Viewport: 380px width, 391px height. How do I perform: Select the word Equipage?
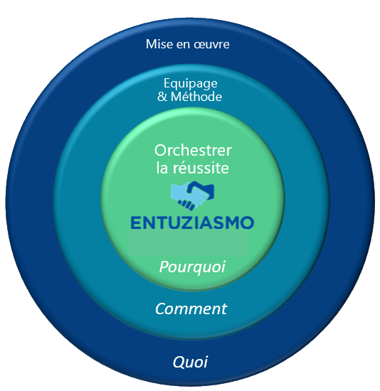pyautogui.click(x=191, y=84)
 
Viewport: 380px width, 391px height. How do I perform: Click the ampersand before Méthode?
pyautogui.click(x=162, y=97)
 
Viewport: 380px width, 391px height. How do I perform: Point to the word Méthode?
pyautogui.click(x=196, y=96)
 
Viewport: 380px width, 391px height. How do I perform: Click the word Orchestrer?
pyautogui.click(x=193, y=151)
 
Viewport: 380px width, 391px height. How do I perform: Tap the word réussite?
pyautogui.click(x=201, y=168)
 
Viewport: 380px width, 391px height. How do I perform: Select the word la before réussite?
pyautogui.click(x=162, y=168)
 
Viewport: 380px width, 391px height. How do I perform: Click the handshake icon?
pyautogui.click(x=193, y=195)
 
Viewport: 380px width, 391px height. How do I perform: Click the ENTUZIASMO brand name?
pyautogui.click(x=192, y=223)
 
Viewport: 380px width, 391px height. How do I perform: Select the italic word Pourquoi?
pyautogui.click(x=192, y=267)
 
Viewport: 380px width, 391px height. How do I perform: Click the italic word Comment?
pyautogui.click(x=191, y=309)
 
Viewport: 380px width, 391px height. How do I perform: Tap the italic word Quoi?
pyautogui.click(x=190, y=362)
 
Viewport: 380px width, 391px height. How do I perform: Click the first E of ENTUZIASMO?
pyautogui.click(x=136, y=223)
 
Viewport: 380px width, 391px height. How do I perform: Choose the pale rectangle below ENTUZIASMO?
pyautogui.click(x=189, y=243)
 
